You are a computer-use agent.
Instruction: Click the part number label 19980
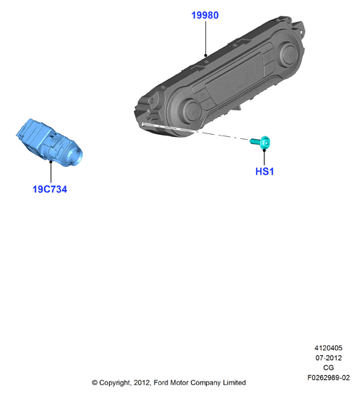[205, 15]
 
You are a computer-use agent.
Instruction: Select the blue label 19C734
[50, 189]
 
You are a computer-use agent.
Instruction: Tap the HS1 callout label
[264, 172]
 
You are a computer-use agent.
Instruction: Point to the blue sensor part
[49, 143]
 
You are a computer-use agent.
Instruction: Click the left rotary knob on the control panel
[192, 110]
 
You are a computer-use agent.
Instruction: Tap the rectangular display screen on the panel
[233, 78]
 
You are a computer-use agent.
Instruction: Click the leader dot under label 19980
[205, 55]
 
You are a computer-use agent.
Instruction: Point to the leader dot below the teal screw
[264, 150]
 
